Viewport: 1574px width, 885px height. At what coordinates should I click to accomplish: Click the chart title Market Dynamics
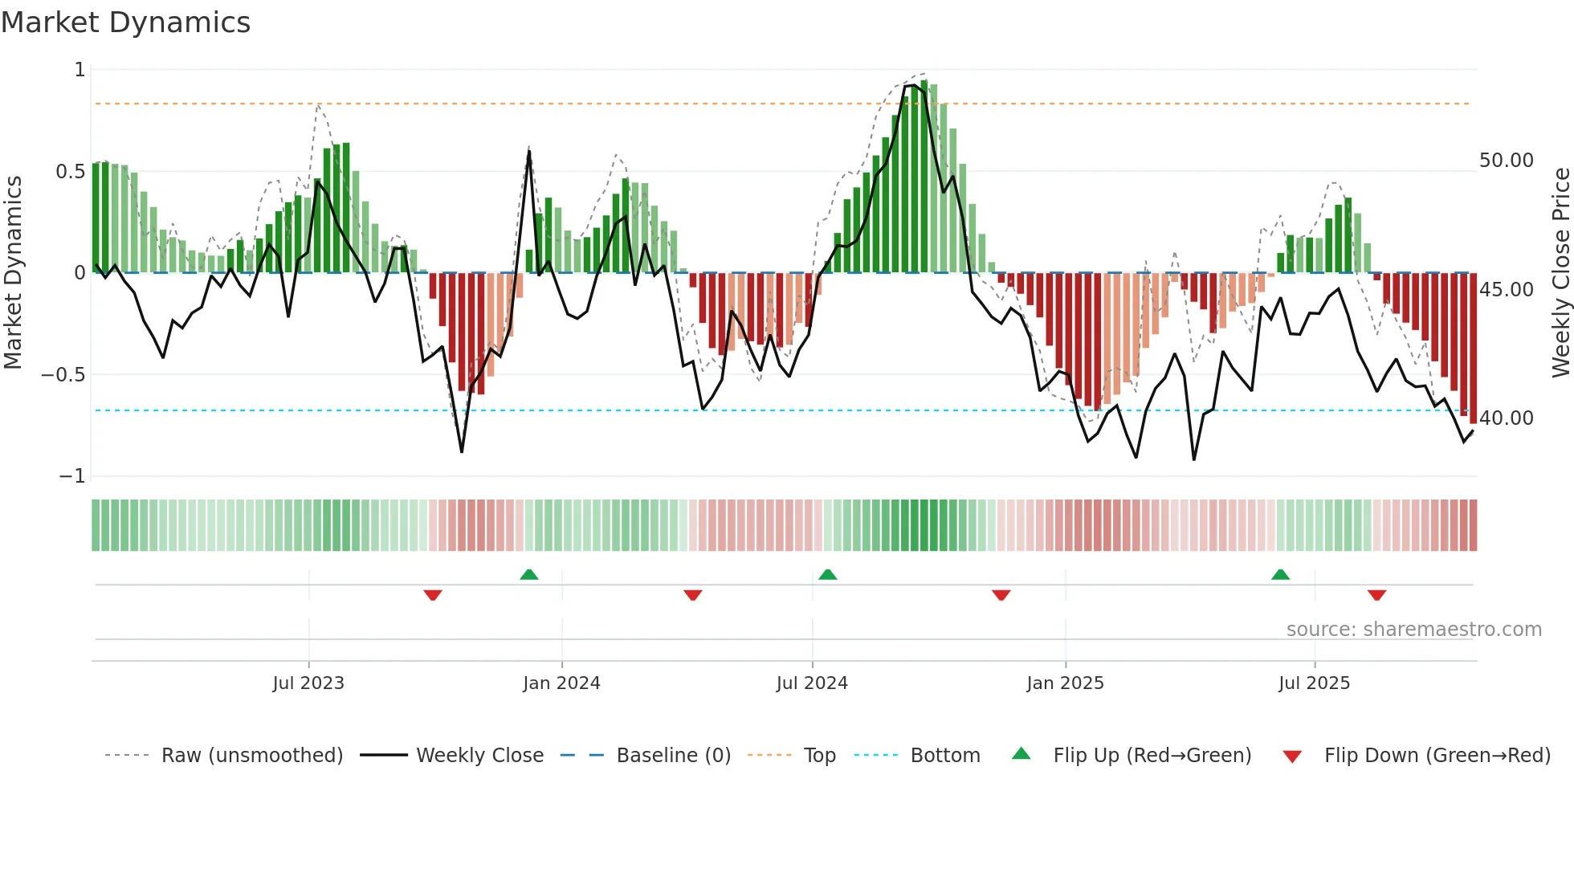coord(125,22)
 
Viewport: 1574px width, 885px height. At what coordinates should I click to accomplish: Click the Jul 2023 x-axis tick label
coord(308,683)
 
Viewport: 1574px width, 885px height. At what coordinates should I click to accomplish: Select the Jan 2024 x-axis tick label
coord(561,683)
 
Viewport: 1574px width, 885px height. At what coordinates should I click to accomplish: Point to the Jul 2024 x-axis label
coord(812,683)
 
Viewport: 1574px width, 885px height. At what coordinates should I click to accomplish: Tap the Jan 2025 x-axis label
coord(1065,683)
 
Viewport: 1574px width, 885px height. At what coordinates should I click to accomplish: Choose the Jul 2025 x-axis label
coord(1314,683)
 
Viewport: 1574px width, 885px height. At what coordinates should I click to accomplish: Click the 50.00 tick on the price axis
coord(1506,161)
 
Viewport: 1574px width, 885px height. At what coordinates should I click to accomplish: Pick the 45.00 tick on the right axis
coord(1506,289)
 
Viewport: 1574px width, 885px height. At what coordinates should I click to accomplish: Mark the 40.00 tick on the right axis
coord(1506,418)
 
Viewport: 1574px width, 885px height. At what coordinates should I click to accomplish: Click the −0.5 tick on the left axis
coord(63,375)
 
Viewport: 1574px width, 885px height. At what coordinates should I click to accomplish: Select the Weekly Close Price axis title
coord(1560,272)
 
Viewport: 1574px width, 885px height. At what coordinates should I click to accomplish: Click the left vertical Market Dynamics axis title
coord(13,272)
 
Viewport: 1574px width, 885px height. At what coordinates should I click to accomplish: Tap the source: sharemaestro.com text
coord(1413,630)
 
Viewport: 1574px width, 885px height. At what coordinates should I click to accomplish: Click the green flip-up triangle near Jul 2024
coord(827,574)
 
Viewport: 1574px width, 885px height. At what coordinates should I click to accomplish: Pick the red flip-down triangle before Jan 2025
coord(1001,595)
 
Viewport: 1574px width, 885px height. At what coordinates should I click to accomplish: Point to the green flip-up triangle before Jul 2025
coord(1280,574)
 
